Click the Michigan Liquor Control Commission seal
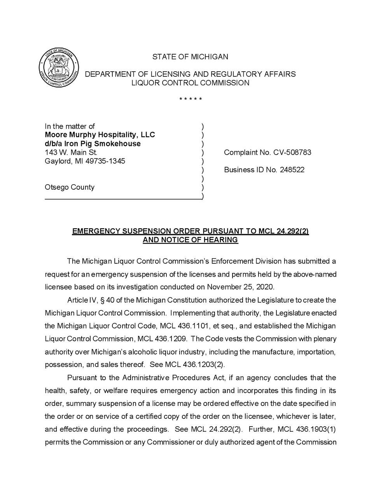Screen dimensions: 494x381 point(59,68)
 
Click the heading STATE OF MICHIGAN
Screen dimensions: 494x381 point(190,57)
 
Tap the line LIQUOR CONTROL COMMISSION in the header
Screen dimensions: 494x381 point(190,83)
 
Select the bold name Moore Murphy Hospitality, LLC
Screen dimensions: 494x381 point(100,135)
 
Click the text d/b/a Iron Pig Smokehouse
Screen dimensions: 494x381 point(93,143)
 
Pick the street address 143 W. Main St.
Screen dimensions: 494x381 point(71,152)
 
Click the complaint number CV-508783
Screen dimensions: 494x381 point(292,152)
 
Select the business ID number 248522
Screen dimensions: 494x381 point(292,170)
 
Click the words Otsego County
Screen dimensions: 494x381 point(70,187)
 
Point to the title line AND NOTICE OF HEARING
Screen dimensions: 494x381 point(190,240)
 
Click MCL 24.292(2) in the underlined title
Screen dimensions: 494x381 point(283,231)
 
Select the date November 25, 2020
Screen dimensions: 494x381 point(240,287)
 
